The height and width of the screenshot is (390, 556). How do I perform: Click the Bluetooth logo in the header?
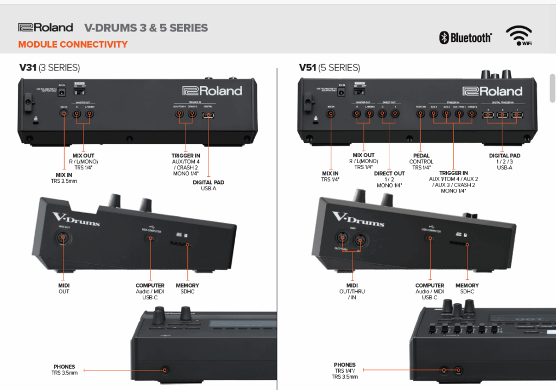click(x=465, y=37)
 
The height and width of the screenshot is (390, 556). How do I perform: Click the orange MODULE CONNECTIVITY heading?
click(x=73, y=44)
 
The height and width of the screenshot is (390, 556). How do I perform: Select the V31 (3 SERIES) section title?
click(x=49, y=68)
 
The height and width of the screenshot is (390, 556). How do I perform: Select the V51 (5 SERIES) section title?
click(x=329, y=68)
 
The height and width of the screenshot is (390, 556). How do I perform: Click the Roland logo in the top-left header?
click(x=45, y=27)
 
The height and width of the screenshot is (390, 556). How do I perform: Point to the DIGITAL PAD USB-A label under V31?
click(x=208, y=186)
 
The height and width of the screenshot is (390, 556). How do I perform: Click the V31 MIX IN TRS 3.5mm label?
click(x=64, y=178)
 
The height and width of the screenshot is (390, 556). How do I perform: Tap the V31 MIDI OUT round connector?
click(x=64, y=238)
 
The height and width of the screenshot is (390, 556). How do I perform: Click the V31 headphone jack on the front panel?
click(x=165, y=370)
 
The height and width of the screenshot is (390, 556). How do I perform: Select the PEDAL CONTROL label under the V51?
click(x=421, y=162)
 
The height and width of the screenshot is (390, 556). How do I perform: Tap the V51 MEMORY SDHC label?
click(x=467, y=289)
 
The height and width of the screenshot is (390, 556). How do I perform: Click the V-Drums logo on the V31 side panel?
click(x=75, y=219)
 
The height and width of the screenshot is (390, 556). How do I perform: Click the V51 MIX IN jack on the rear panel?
click(x=330, y=114)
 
